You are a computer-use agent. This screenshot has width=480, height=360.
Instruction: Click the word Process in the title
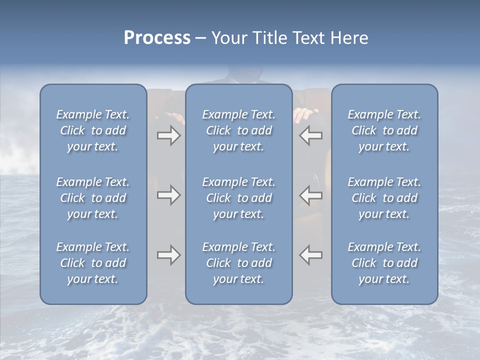(157, 38)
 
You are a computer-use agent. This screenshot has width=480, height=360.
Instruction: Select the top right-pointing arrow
(168, 135)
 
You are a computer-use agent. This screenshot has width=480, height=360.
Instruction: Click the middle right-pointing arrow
(168, 195)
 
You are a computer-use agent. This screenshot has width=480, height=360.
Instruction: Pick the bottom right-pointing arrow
(168, 255)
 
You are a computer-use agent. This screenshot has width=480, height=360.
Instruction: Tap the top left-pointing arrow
(310, 135)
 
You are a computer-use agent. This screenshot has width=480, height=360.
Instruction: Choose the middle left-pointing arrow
(310, 195)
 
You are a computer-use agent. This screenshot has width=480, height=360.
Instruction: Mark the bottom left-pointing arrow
(310, 255)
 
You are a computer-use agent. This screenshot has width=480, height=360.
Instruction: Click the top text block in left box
(93, 130)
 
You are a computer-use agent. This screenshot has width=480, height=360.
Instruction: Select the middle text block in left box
(93, 198)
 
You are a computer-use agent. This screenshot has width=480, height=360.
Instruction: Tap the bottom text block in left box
(93, 263)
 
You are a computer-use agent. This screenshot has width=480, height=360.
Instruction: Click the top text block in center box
(238, 130)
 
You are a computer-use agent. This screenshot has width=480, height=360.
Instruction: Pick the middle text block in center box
(238, 198)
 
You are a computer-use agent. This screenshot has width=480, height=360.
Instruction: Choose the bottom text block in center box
(238, 263)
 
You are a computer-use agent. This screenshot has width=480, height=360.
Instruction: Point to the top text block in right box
(384, 130)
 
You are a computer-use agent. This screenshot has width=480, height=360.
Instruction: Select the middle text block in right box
(384, 198)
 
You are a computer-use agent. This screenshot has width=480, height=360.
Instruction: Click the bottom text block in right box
(384, 263)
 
